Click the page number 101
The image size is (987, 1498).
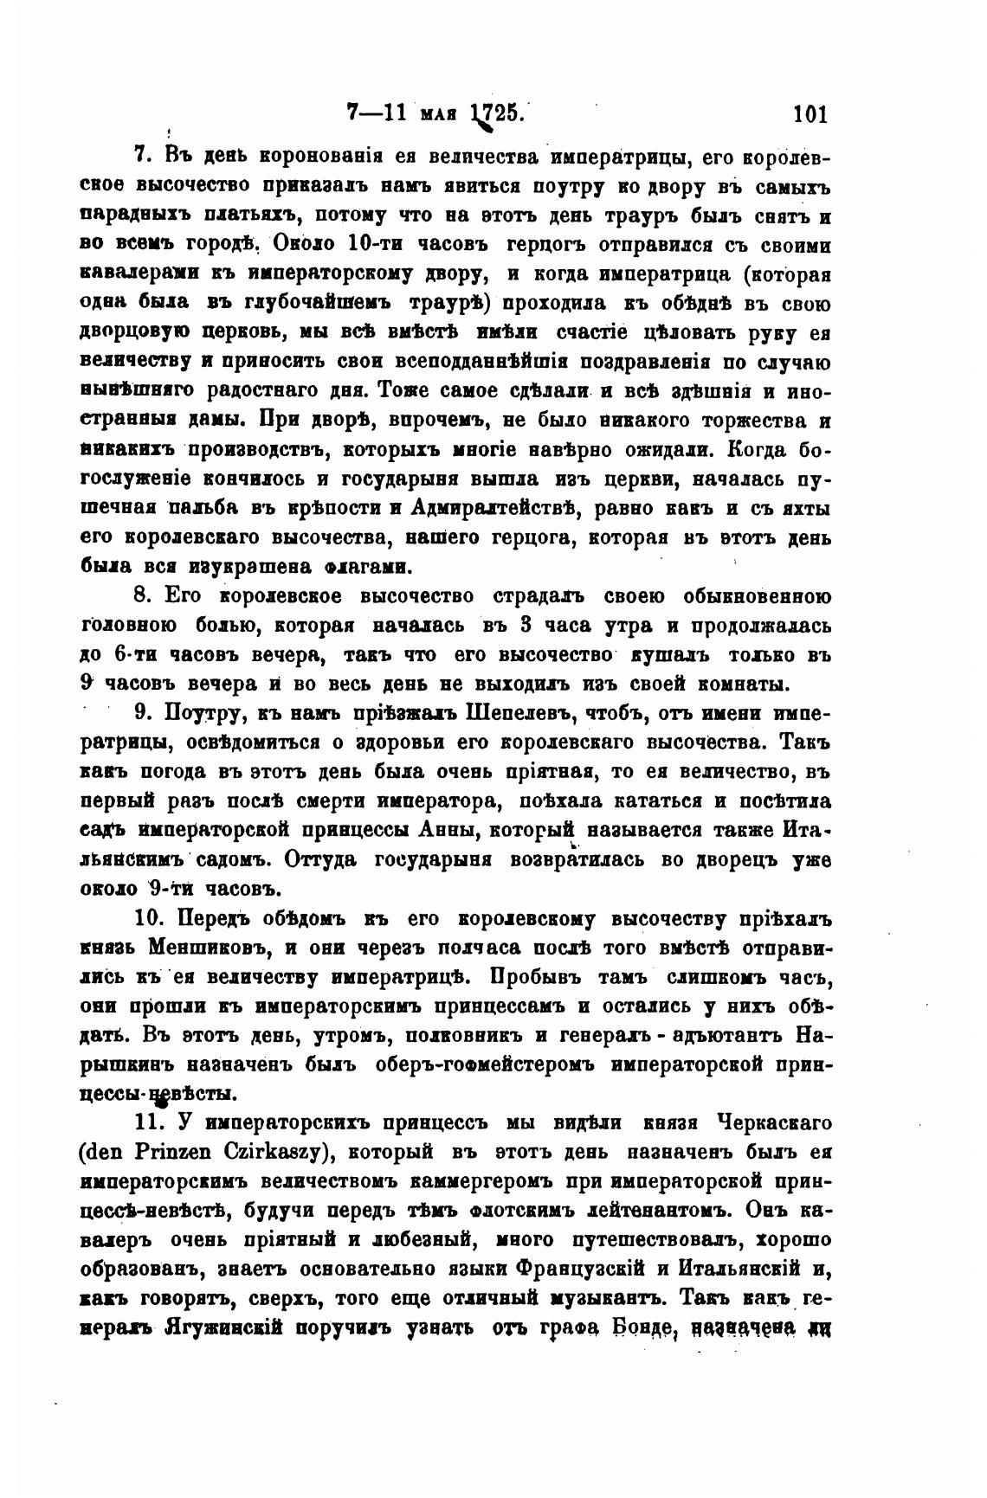(810, 113)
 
